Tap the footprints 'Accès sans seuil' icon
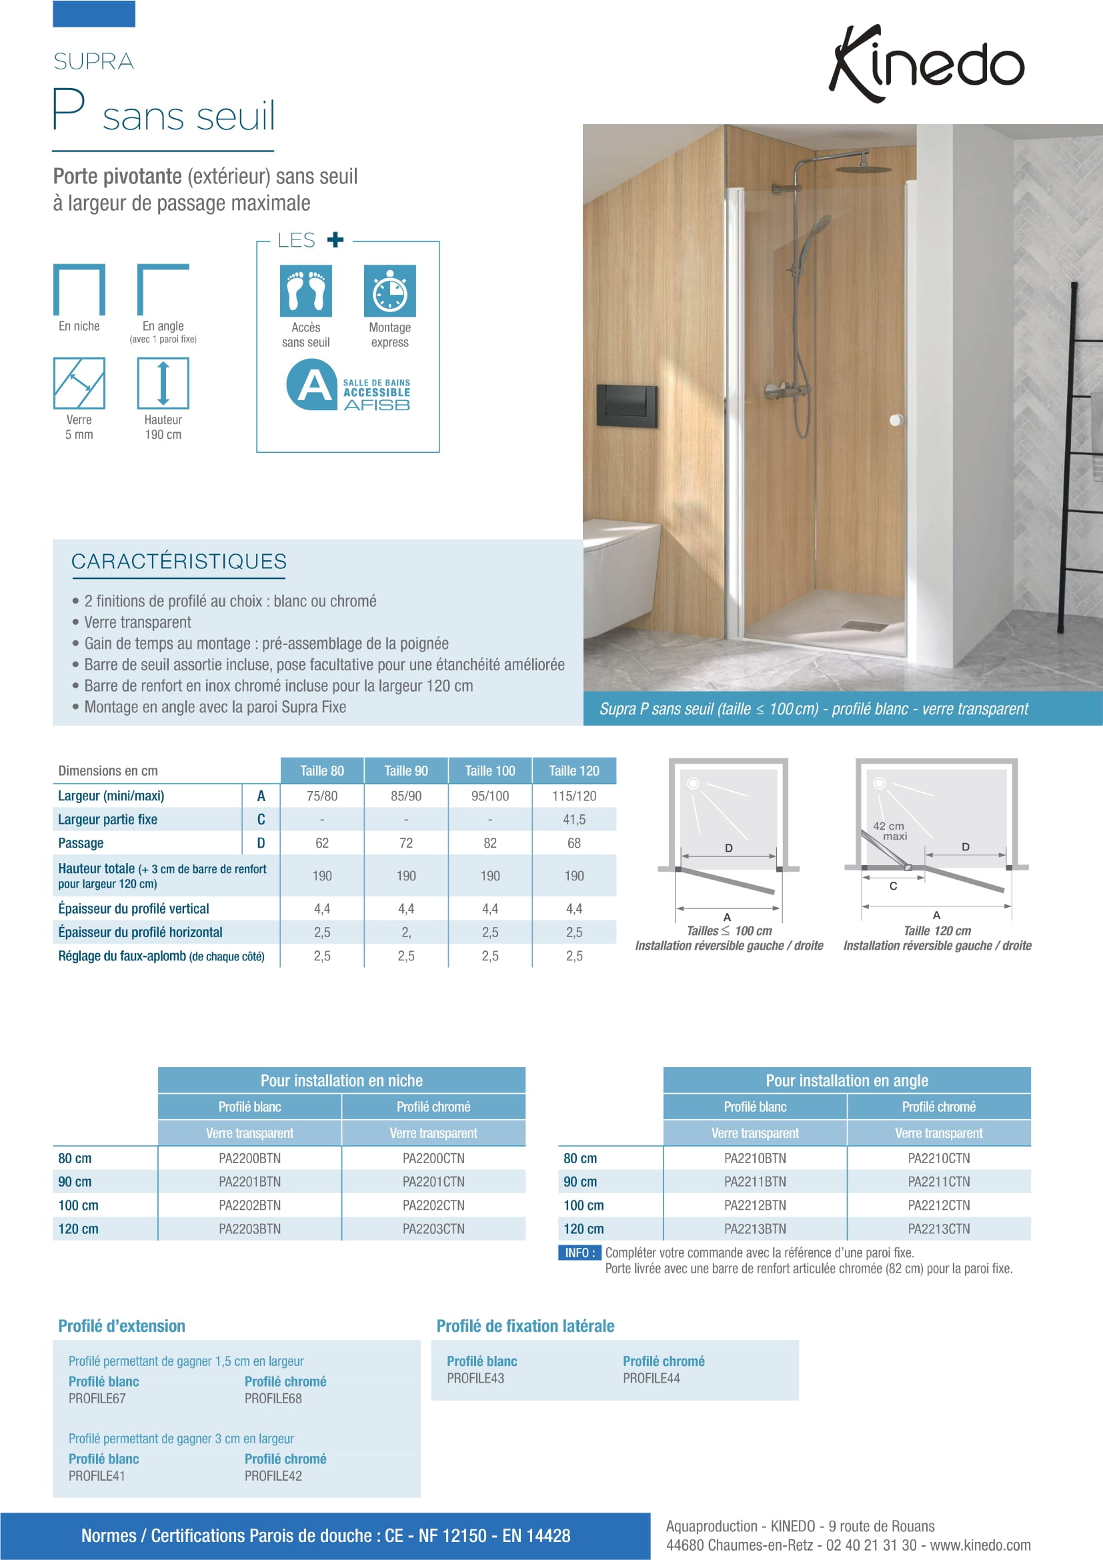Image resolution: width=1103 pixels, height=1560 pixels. pos(305,291)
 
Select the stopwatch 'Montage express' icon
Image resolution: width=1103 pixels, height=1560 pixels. pos(390,291)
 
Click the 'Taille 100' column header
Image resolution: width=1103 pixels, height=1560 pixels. pos(489,770)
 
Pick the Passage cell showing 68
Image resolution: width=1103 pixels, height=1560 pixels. pos(574,843)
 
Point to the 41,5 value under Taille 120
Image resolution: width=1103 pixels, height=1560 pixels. pos(574,820)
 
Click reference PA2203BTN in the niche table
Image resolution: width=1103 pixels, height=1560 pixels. pos(249,1229)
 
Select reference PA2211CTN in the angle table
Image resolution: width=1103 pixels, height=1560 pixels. pos(939,1182)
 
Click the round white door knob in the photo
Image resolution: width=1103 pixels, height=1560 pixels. pos(896,420)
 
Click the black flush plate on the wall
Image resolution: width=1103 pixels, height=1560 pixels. pos(627,406)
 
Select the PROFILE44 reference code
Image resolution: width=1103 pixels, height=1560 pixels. pos(651,1378)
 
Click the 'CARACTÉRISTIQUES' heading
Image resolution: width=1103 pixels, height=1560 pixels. pos(179,561)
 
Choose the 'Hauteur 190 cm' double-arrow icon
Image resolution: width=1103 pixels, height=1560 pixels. pos(163,383)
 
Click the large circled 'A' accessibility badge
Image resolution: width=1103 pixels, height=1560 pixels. pos(311,385)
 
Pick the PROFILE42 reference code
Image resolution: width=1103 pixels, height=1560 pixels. pos(273,1476)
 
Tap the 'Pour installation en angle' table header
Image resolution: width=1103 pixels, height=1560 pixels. pos(846,1080)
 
